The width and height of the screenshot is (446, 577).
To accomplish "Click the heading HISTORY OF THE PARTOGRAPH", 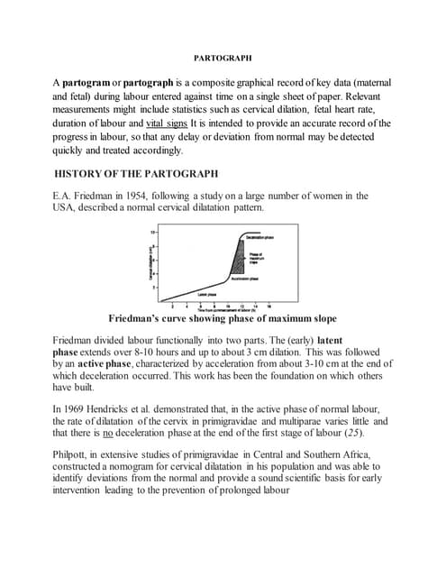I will coord(135,172).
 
